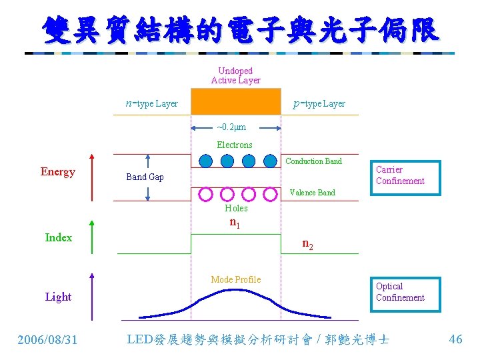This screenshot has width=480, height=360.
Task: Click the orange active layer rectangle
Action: click(236, 102)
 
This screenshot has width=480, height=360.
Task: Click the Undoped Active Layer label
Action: click(235, 75)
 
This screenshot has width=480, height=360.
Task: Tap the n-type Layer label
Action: click(152, 103)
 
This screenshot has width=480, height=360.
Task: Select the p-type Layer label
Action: click(319, 103)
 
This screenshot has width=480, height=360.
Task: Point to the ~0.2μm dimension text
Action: click(231, 127)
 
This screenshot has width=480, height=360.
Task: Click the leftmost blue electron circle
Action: click(205, 161)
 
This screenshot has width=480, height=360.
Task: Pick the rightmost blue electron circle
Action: click(269, 161)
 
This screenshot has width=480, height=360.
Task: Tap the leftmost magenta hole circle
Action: click(205, 194)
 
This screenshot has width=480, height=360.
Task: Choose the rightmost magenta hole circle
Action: click(269, 194)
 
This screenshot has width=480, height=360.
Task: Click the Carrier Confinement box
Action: click(405, 177)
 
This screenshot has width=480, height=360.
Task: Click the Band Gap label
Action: click(145, 177)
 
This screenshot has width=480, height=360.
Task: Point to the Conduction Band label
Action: click(313, 161)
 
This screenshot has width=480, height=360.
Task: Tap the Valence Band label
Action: click(312, 193)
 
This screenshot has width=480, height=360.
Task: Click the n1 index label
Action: click(235, 223)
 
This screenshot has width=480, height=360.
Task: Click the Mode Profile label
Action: click(235, 279)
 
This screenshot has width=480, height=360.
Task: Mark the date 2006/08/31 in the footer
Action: click(47, 340)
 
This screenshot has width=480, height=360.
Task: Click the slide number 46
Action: click(455, 339)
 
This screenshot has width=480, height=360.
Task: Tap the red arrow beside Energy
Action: click(92, 177)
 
